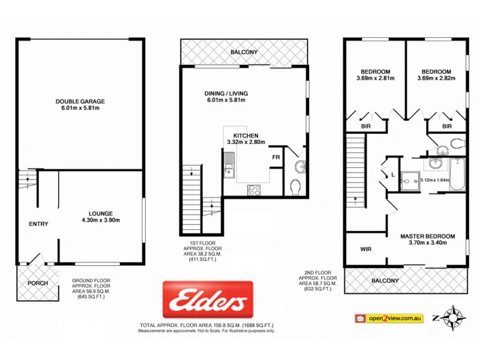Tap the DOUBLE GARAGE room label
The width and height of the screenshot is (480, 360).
coord(79,105)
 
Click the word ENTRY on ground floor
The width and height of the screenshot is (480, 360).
coord(38,224)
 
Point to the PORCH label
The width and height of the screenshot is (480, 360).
coord(37,283)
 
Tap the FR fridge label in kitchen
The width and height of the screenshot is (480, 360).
coord(276,157)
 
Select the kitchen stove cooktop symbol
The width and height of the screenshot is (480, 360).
coord(254,190)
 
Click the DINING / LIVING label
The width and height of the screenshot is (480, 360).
coord(225,97)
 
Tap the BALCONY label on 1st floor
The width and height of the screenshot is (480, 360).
coord(244,52)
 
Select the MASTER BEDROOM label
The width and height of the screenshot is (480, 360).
coord(427,240)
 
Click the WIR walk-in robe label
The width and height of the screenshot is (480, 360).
coord(367,248)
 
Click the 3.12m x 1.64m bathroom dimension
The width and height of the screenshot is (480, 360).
coord(436,179)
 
